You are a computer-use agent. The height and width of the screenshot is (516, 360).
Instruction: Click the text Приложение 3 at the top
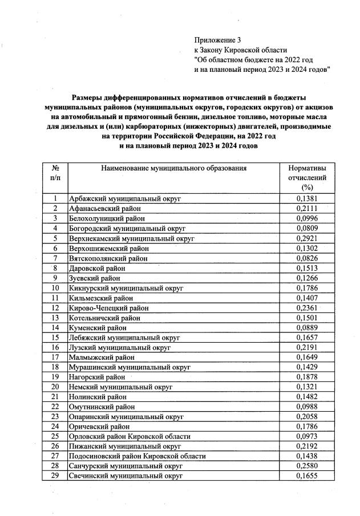click(218, 40)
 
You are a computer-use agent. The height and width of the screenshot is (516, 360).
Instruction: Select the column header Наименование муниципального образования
click(174, 168)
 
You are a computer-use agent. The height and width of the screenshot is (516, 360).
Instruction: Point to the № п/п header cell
click(55, 173)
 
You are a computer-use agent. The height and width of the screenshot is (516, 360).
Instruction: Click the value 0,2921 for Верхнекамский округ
click(308, 238)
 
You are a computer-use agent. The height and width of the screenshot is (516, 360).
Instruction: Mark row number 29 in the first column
click(55, 475)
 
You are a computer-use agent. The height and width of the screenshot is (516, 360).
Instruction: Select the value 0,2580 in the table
click(308, 465)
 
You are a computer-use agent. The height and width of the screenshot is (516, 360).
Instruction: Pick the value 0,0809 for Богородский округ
click(308, 228)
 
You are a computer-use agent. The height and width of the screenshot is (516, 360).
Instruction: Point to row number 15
click(55, 337)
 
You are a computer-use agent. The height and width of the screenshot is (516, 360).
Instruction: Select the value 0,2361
click(308, 307)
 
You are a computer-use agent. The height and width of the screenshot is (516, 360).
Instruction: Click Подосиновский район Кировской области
click(137, 456)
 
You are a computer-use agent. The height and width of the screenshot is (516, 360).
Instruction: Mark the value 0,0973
click(308, 436)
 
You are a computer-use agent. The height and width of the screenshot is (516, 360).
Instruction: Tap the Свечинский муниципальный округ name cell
click(126, 475)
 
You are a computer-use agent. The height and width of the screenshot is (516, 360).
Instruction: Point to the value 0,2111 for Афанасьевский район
click(308, 209)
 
